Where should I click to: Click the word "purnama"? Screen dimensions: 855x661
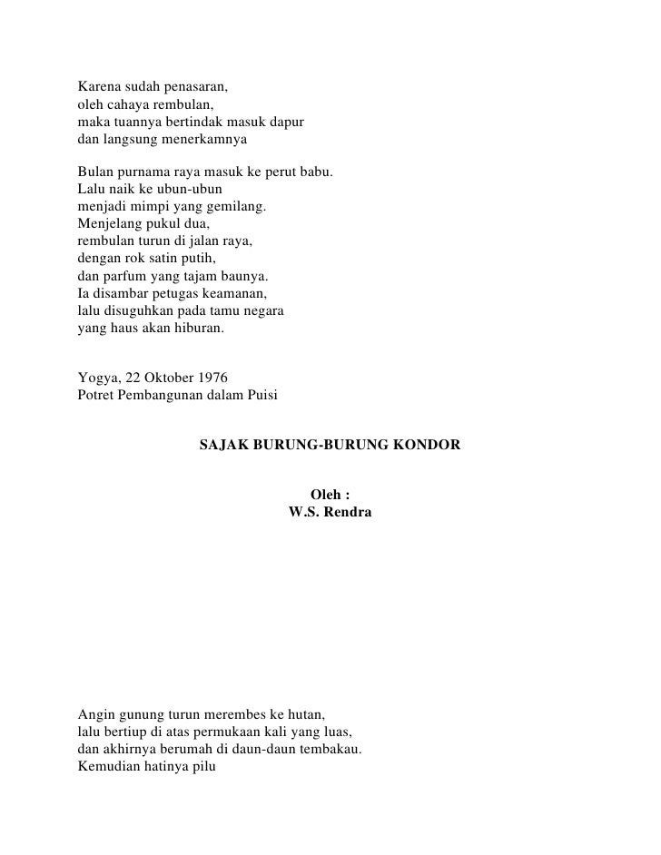coord(146,172)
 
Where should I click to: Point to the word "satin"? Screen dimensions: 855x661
coord(173,259)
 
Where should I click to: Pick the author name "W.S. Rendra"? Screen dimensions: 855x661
coord(330,513)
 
